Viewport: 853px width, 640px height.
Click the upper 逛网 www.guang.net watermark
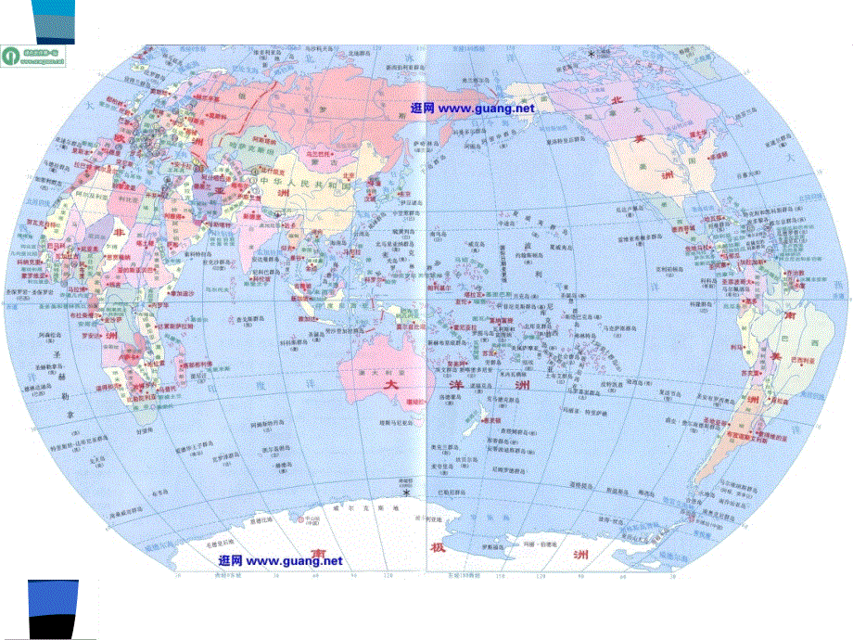pyautogui.click(x=472, y=108)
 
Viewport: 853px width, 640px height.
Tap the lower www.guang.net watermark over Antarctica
pyautogui.click(x=280, y=561)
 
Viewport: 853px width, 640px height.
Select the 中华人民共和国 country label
pyautogui.click(x=307, y=184)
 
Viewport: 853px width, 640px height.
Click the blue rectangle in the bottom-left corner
pyautogui.click(x=52, y=608)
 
